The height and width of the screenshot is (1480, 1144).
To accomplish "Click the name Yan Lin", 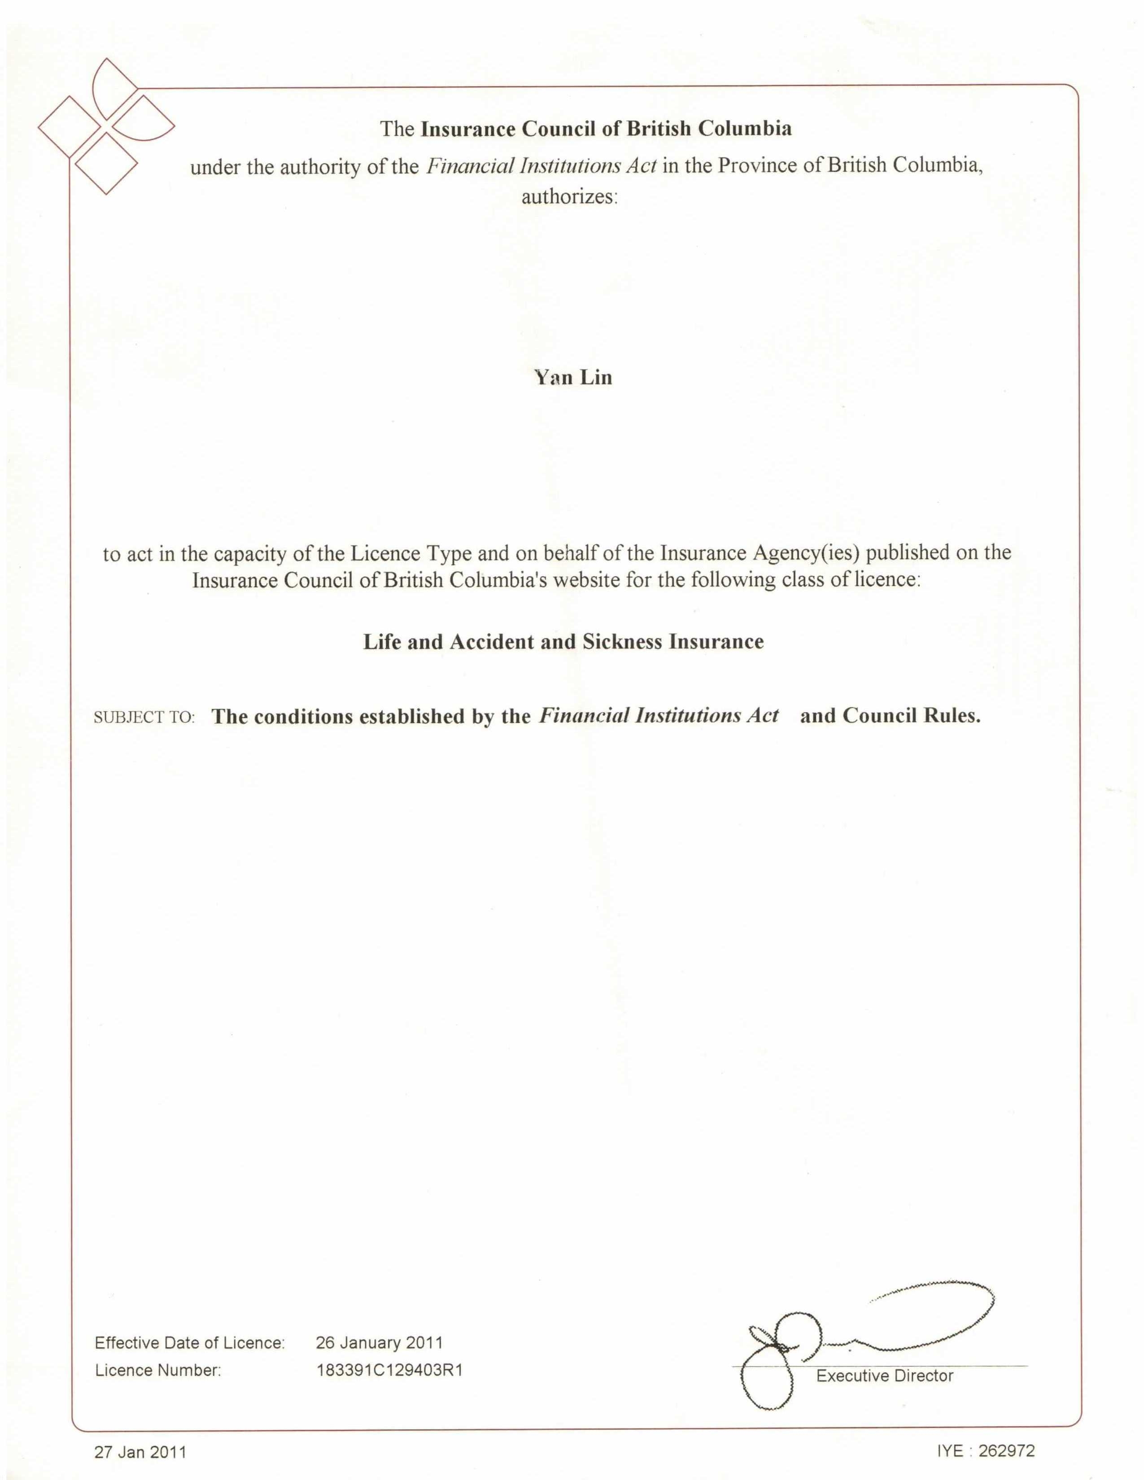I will [x=573, y=378].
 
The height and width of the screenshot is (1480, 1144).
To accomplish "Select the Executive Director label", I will [x=884, y=1376].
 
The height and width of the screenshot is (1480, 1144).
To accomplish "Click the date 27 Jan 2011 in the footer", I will [x=140, y=1452].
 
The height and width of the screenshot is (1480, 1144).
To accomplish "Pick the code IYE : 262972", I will [x=986, y=1450].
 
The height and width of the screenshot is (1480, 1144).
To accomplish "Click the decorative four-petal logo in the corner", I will [x=106, y=127].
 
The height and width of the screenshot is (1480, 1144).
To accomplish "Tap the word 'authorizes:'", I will [x=569, y=197].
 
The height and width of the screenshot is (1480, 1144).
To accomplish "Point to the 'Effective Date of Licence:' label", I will [x=190, y=1343].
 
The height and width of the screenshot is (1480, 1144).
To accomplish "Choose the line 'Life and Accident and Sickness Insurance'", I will [x=563, y=642].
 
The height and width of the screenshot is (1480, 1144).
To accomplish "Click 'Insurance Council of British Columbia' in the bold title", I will [x=606, y=129].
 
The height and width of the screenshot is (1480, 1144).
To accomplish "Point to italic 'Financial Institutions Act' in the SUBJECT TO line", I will [x=659, y=716].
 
